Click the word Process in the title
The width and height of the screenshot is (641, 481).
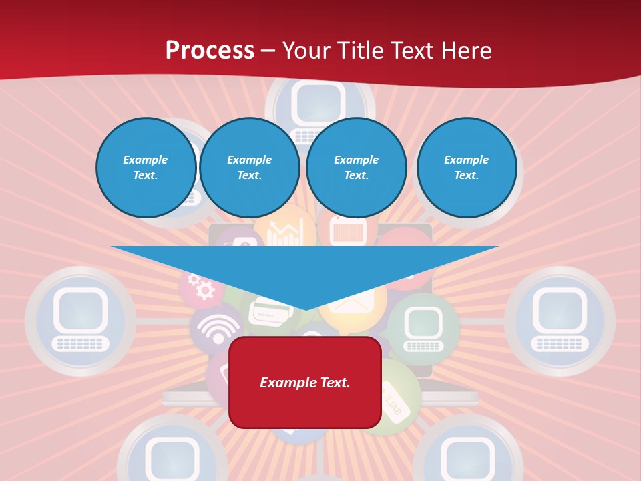click(210, 50)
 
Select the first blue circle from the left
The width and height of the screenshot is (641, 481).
click(146, 168)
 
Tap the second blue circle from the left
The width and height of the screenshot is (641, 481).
click(250, 168)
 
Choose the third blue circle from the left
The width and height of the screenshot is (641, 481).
click(357, 168)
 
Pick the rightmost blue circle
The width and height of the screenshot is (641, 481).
click(467, 168)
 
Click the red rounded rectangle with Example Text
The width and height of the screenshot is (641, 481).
click(305, 382)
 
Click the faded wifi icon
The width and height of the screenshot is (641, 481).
click(218, 329)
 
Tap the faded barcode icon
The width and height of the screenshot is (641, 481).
click(350, 232)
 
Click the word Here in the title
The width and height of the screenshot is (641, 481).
click(465, 50)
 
